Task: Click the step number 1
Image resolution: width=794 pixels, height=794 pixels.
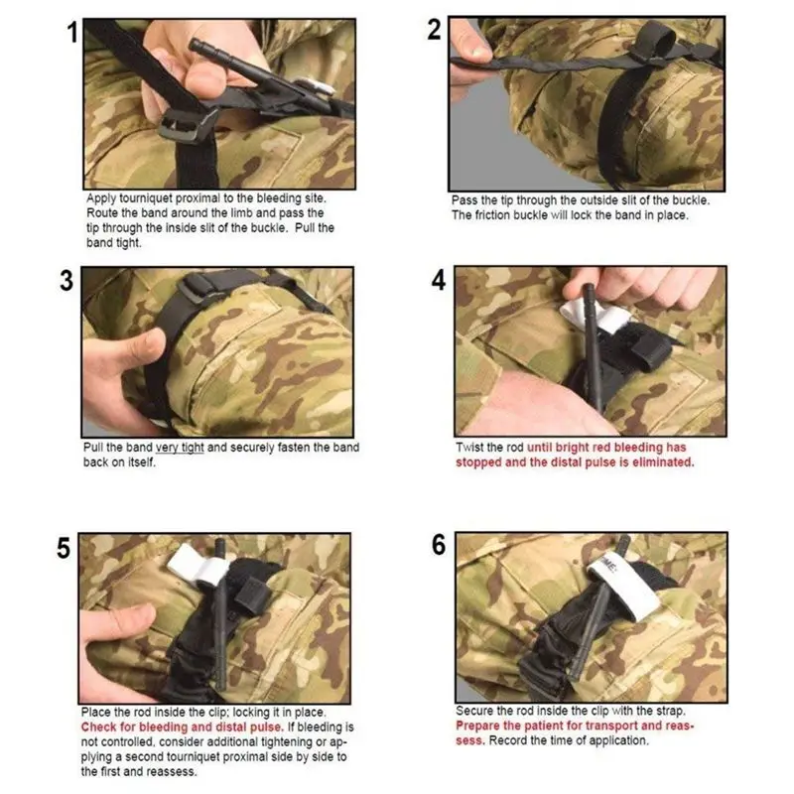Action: point(72,33)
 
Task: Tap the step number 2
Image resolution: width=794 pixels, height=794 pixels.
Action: point(434,30)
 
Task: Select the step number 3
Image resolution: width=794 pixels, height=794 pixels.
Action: point(66,281)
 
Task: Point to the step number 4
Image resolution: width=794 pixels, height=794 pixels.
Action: point(439,280)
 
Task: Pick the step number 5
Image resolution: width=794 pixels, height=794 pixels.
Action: point(64,549)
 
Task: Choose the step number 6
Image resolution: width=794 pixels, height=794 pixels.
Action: point(439,545)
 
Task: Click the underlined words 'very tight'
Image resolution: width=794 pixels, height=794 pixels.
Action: point(180,448)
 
